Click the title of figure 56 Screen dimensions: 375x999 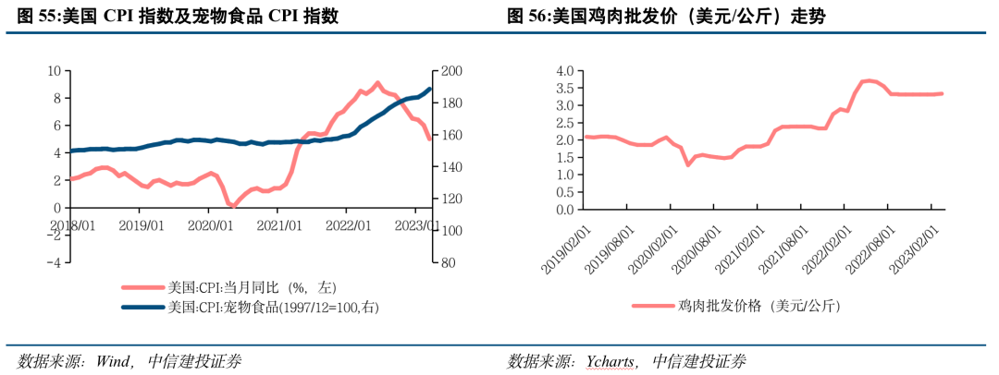click(666, 16)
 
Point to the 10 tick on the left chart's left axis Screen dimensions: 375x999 click(55, 71)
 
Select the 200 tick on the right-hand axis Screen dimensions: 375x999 click(450, 71)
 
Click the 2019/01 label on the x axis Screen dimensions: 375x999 click(142, 224)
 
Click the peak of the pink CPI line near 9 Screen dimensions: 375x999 click(377, 82)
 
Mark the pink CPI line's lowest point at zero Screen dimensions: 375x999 click(232, 207)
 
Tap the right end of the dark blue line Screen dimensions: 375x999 click(429, 89)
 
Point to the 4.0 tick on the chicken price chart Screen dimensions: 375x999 click(563, 70)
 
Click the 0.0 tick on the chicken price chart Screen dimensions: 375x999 click(563, 210)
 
